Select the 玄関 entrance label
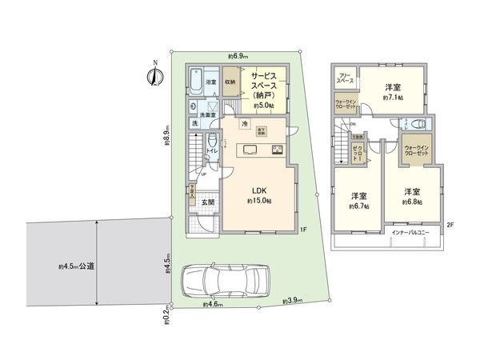point(206,202)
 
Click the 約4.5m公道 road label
point(77,266)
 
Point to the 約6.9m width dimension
point(238,56)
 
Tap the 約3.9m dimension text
point(293,301)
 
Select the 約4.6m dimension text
point(214,304)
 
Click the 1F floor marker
point(304,231)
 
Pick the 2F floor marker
point(450,226)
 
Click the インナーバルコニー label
point(410,232)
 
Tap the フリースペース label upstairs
point(346,78)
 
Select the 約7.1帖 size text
point(392,98)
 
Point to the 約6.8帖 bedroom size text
point(412,202)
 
